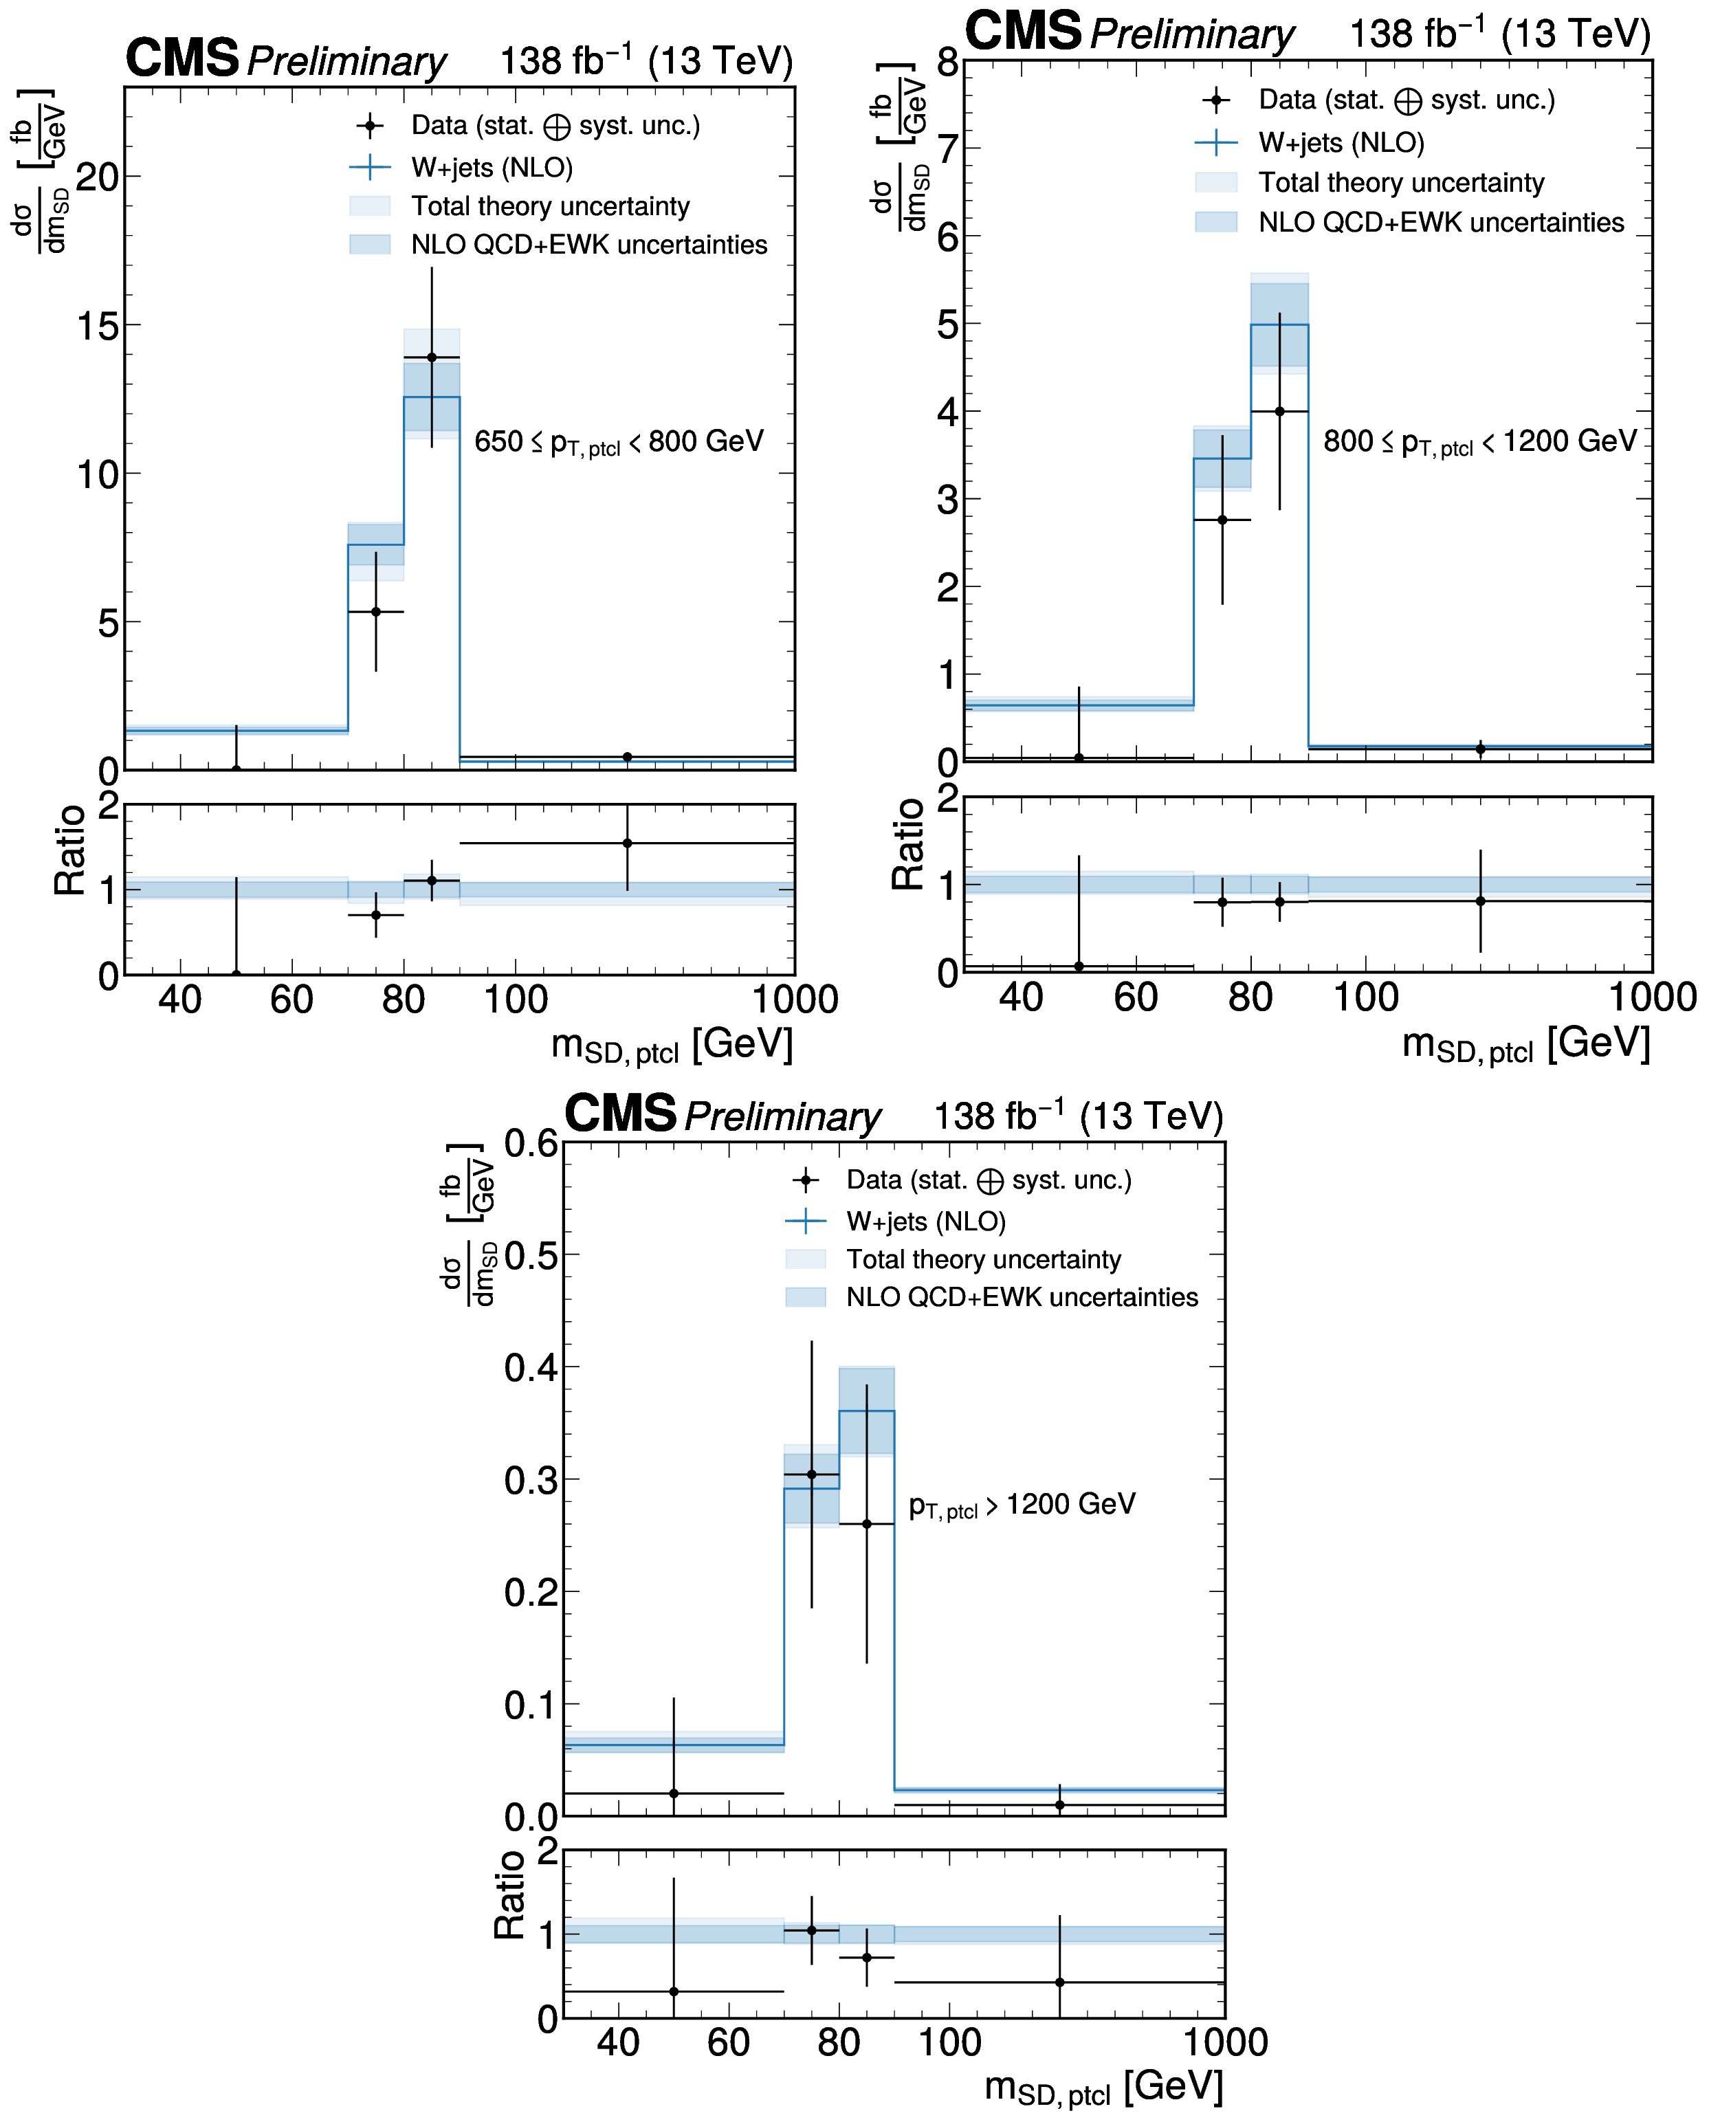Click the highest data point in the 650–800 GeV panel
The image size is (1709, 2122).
point(431,357)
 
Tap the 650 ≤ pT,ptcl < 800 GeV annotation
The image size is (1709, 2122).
point(618,442)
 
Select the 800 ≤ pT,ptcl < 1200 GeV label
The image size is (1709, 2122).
point(1479,442)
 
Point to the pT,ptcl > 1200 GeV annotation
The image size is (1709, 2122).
point(1022,1505)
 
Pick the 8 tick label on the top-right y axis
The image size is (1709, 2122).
point(947,63)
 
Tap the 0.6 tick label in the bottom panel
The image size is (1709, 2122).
point(531,1144)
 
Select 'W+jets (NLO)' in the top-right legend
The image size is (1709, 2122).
point(1341,144)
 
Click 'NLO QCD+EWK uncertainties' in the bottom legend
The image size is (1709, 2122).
point(1022,1297)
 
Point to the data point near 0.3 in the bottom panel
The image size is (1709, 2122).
point(811,1474)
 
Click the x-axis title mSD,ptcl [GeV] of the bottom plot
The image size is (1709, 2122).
point(1103,2086)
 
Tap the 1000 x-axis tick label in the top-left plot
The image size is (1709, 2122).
point(795,1000)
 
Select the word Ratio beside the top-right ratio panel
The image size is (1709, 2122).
point(907,844)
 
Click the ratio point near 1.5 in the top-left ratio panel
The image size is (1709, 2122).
point(627,843)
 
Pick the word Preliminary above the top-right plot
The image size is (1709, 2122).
point(1192,34)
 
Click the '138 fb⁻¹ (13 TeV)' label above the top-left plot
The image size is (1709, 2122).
point(646,61)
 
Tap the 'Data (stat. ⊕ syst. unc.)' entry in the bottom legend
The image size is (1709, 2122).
point(989,1180)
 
